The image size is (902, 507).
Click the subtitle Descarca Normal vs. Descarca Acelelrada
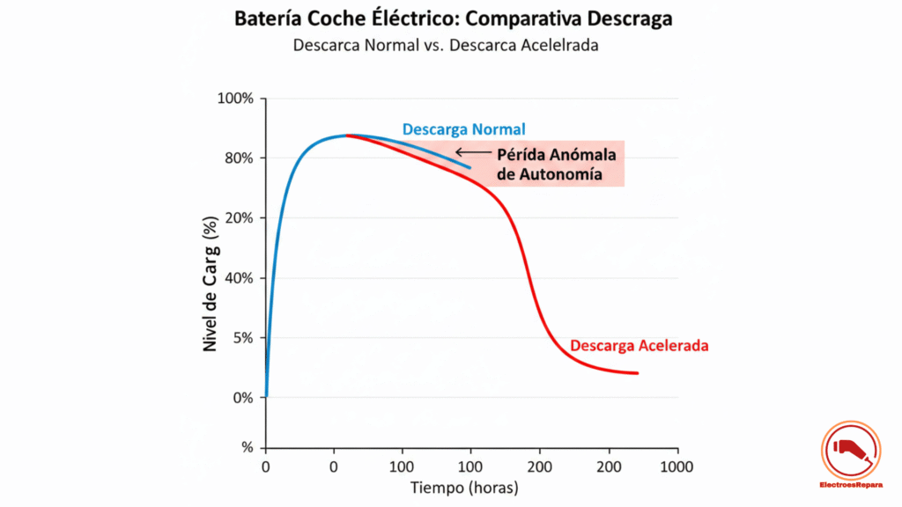coord(446,45)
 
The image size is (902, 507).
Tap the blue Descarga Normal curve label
coord(463,129)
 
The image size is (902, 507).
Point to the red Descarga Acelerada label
coord(639,346)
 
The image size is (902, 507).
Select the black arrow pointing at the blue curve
coord(473,152)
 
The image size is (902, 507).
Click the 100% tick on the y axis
coord(235,99)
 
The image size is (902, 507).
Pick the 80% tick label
coord(238,158)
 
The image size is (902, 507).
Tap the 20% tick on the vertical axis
coord(238,218)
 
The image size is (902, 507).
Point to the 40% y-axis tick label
coord(238,278)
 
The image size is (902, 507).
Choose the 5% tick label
coord(241,338)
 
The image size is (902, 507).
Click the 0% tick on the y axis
coord(241,398)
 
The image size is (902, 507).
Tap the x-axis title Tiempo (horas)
coord(465,487)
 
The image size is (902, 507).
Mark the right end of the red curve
coord(637,373)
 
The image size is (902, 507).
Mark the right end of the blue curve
coord(470,167)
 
